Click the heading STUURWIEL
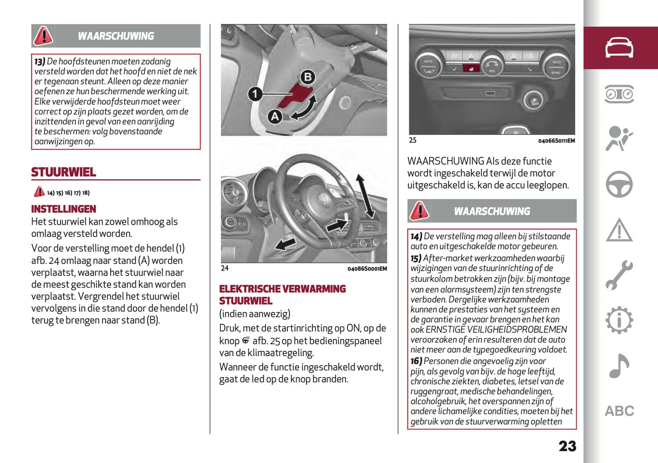tap(63, 172)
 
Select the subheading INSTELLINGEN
tap(63, 209)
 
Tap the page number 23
tap(567, 446)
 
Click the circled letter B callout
tap(308, 77)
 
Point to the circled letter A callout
tap(275, 116)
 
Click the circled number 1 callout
tap(255, 94)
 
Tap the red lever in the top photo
tap(294, 96)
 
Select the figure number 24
tap(224, 268)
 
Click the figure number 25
tap(413, 141)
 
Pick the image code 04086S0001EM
tap(367, 269)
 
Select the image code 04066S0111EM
tap(556, 141)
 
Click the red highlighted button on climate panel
tap(471, 68)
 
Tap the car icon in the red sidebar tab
tap(619, 48)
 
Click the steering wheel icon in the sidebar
tap(619, 184)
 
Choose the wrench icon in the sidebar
tap(619, 275)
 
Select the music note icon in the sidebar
tap(619, 366)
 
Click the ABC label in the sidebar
tap(619, 411)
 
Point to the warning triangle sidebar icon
tap(619, 230)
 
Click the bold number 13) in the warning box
tap(40, 61)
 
